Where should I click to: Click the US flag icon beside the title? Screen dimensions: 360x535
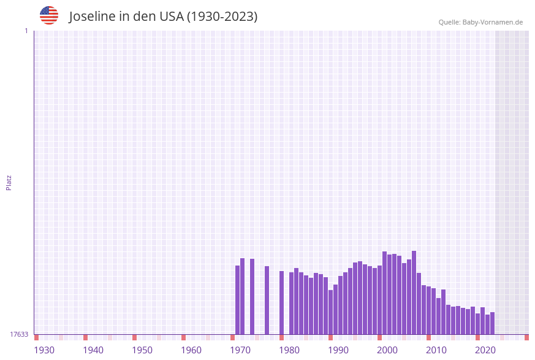point(49,15)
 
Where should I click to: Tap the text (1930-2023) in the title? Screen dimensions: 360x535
point(222,17)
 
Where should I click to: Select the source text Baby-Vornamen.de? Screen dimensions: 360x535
point(493,22)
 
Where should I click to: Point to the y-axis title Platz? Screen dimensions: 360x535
point(9,182)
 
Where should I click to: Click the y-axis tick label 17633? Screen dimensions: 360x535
point(19,334)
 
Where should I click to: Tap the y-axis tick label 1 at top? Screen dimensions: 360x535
point(26,31)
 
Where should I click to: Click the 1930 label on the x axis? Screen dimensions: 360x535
point(44,350)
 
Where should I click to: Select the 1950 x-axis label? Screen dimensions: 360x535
point(142,350)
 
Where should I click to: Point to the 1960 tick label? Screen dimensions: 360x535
point(191,350)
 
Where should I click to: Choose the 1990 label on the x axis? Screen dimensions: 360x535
point(338,350)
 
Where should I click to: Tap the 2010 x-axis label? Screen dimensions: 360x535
point(436,350)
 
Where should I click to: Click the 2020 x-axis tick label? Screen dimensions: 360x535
point(485,350)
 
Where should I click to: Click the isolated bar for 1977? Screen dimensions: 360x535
point(267,300)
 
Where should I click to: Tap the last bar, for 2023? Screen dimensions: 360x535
point(492,323)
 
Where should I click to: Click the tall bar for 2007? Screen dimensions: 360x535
point(414,293)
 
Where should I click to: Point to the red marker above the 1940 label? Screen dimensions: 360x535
point(85,337)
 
